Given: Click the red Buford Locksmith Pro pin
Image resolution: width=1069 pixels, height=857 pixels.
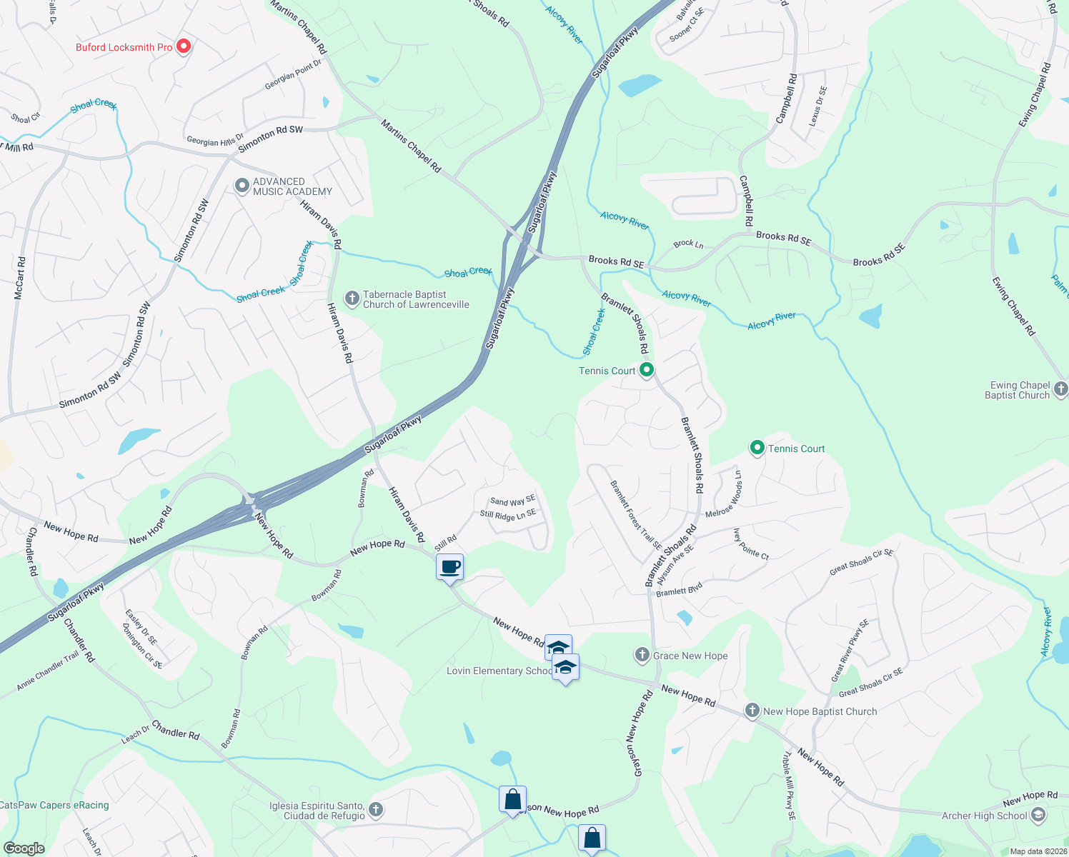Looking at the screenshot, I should pyautogui.click(x=184, y=46).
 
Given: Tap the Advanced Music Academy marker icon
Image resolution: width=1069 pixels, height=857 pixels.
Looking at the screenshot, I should pyautogui.click(x=242, y=186).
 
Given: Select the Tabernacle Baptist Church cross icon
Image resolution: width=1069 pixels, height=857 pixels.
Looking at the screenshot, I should pyautogui.click(x=352, y=299).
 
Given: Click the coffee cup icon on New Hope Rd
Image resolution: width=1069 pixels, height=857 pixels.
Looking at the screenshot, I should pyautogui.click(x=449, y=568).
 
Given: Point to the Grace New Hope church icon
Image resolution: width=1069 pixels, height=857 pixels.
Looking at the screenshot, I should pyautogui.click(x=642, y=655).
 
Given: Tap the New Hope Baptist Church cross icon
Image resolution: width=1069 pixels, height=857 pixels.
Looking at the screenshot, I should pyautogui.click(x=752, y=711).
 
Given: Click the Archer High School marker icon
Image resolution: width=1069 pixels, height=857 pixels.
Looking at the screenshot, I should pyautogui.click(x=1038, y=815).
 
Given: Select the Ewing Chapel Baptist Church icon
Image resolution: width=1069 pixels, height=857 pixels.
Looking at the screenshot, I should pyautogui.click(x=1060, y=389).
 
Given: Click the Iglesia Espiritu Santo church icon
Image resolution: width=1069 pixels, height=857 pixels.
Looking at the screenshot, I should pyautogui.click(x=376, y=810).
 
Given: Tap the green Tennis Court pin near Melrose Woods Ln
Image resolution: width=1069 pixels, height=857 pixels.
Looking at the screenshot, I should pyautogui.click(x=757, y=448).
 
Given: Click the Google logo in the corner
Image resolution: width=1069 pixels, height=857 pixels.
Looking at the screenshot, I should pyautogui.click(x=24, y=848).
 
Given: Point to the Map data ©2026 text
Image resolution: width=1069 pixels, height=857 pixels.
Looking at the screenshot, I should pyautogui.click(x=1036, y=851).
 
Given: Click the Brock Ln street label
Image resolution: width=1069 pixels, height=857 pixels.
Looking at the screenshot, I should pyautogui.click(x=688, y=244).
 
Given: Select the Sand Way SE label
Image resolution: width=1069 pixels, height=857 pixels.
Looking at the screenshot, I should pyautogui.click(x=512, y=501).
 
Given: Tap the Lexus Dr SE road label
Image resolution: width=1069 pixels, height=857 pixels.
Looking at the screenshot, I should pyautogui.click(x=817, y=106).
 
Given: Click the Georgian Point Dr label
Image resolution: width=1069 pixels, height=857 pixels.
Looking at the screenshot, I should pyautogui.click(x=293, y=74).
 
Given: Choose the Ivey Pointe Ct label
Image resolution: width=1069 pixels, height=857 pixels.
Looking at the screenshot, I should pyautogui.click(x=750, y=544).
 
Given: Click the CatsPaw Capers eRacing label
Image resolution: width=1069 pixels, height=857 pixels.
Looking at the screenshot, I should pyautogui.click(x=55, y=805).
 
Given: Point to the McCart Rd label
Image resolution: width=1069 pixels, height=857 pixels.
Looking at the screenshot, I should pyautogui.click(x=20, y=279).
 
